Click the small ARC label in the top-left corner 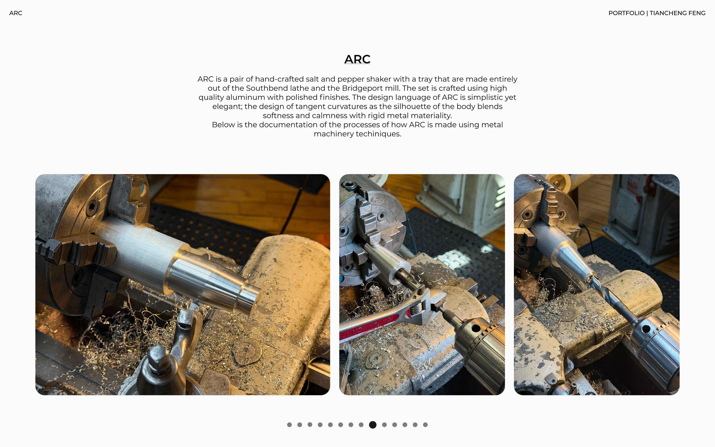(x=16, y=13)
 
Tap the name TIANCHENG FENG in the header (x=677, y=13)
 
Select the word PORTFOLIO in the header (x=626, y=13)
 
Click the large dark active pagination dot (x=373, y=425)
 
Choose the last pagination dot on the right (x=425, y=425)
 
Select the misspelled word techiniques (x=378, y=134)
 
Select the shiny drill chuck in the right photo (x=656, y=352)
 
